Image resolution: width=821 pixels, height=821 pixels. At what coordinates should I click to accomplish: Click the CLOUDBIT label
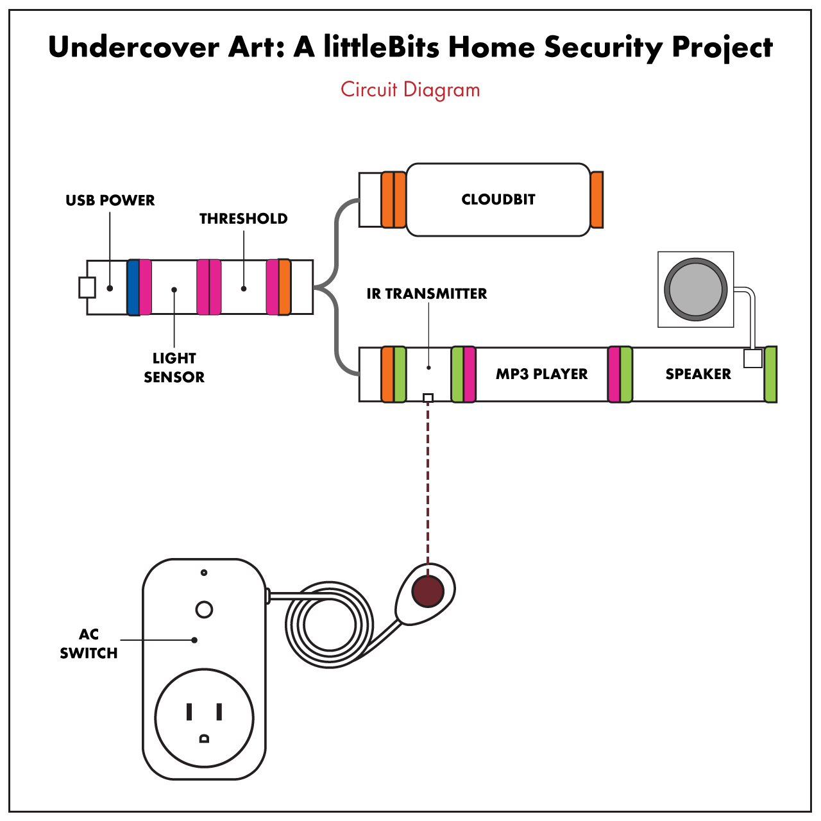pos(498,199)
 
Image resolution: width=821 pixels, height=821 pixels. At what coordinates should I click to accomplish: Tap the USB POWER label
pos(110,200)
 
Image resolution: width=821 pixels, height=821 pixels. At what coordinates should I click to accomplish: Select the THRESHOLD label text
pos(243,219)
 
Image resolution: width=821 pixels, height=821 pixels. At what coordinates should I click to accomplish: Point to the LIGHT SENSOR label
pos(174,368)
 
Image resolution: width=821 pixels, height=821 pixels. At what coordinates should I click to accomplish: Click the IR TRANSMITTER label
pos(427,294)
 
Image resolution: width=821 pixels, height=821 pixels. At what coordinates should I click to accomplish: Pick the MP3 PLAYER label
pos(541,374)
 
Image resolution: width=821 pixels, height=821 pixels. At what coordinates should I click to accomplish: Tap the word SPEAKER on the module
pos(698,374)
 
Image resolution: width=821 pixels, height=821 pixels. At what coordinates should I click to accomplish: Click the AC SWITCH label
pos(89,643)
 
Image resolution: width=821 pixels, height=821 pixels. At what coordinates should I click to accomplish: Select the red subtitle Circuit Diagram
pos(410,89)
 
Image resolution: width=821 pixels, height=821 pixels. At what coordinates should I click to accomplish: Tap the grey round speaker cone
pos(696,289)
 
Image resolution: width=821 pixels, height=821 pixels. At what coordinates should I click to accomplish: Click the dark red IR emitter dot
pos(428,591)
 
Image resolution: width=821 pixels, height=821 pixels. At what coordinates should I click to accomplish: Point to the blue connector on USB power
pos(133,287)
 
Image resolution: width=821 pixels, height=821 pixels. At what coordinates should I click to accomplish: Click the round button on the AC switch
pos(204,609)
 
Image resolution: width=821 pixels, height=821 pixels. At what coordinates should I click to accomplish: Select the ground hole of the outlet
pos(204,738)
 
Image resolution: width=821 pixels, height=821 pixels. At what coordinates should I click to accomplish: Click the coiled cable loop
pos(329,625)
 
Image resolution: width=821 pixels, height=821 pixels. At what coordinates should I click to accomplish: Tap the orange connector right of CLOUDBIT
pos(597,199)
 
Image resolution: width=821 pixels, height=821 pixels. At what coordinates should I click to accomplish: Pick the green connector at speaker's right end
pos(770,374)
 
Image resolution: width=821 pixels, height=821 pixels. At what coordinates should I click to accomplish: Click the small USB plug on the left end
pos(87,287)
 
